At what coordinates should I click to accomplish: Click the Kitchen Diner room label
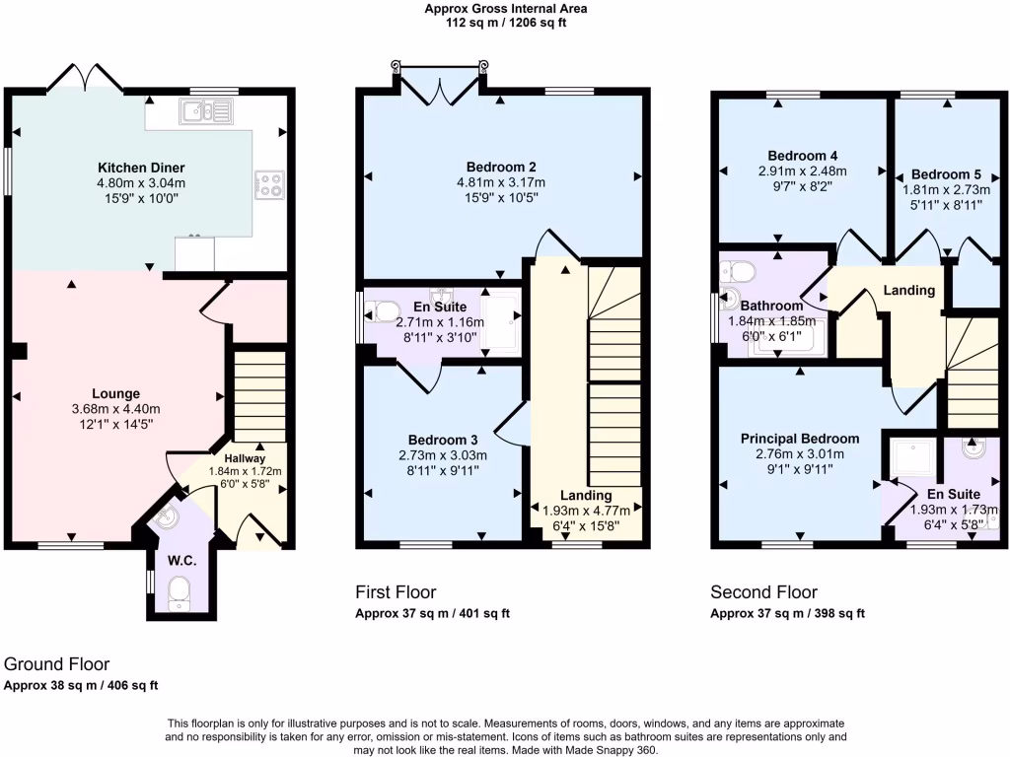point(141,167)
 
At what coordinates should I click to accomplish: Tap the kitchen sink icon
point(205,110)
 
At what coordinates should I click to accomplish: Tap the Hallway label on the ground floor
point(245,458)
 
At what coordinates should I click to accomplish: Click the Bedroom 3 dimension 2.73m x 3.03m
point(443,455)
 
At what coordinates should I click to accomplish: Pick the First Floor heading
point(396,592)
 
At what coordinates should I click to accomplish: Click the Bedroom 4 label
point(803,155)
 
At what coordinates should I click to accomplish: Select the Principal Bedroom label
point(800,439)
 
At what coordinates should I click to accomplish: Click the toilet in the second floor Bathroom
point(738,270)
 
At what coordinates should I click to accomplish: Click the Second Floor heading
point(763,592)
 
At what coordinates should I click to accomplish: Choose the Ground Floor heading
point(56,664)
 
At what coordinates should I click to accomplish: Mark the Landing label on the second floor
point(908,290)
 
